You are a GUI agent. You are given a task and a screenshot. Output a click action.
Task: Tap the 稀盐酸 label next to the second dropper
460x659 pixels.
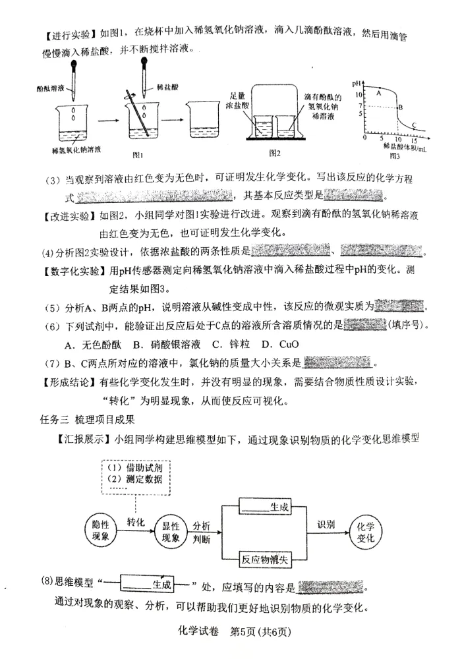coord(166,87)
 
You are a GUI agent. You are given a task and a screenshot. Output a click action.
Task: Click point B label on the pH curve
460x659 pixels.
coord(400,107)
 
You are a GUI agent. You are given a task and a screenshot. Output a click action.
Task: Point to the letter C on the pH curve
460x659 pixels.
coord(414,125)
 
